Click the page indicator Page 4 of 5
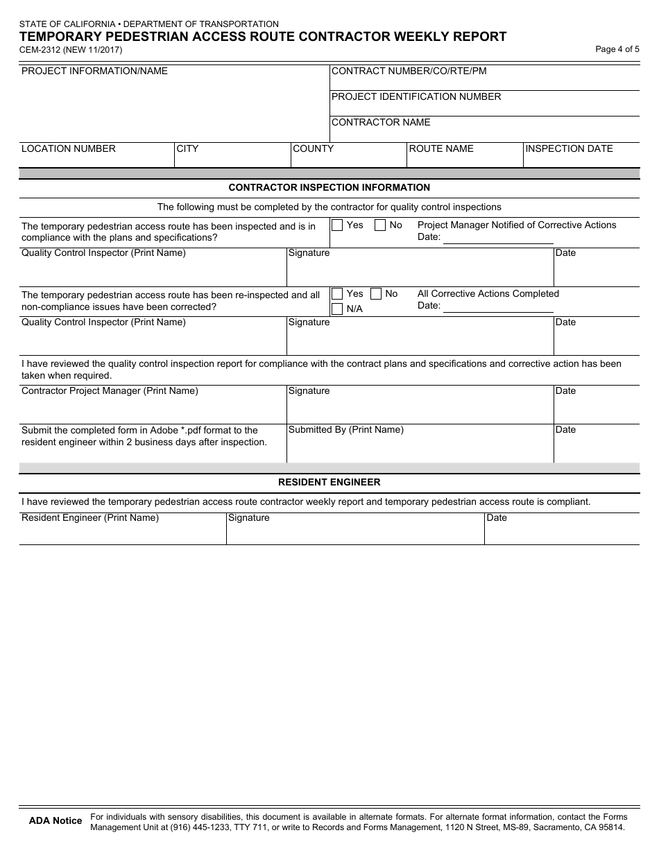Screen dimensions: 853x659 [617, 49]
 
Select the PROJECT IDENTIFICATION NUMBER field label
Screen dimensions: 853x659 [416, 97]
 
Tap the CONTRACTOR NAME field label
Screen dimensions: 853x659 [381, 123]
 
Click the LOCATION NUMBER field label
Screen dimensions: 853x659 [69, 149]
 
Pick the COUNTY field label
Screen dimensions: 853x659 [313, 149]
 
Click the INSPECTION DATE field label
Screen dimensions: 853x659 [569, 149]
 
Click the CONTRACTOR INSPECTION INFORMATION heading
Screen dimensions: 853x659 [329, 188]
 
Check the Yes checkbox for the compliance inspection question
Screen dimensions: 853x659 [337, 225]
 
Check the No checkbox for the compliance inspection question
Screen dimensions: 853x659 [380, 225]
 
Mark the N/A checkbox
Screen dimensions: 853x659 [337, 309]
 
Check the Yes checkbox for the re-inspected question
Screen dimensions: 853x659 [337, 294]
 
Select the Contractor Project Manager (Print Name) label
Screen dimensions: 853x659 [110, 391]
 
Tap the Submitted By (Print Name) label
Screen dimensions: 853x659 [345, 430]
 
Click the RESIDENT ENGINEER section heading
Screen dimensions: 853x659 [329, 483]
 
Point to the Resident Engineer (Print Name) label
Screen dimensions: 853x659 [90, 518]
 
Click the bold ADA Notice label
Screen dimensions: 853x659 [55, 821]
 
